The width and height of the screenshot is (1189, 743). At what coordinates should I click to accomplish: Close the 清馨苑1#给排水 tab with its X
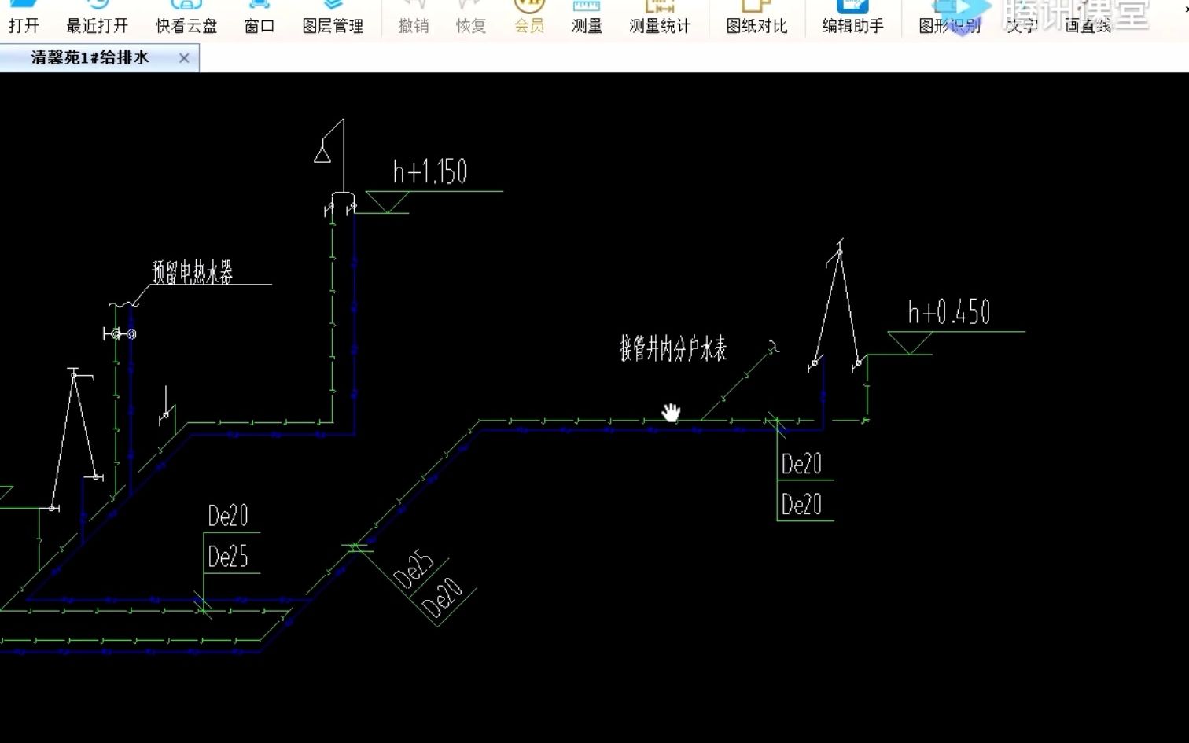[184, 58]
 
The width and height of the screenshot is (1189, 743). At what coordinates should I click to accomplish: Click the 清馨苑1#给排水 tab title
[90, 57]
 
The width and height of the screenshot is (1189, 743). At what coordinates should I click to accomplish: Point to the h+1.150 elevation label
[430, 172]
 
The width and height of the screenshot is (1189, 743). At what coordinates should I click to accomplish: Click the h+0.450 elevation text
[949, 313]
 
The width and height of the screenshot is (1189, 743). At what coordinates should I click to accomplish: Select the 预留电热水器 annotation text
[193, 273]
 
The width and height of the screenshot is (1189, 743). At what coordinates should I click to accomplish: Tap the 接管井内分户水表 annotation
[673, 348]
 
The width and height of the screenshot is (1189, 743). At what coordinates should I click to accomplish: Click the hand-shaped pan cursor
[671, 412]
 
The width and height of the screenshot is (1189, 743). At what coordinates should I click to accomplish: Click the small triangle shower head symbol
[322, 153]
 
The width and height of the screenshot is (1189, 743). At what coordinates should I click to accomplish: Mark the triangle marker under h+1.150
[388, 202]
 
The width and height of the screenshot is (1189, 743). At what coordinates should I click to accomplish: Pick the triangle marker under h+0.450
[910, 342]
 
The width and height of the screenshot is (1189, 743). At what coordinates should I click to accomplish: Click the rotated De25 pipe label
[413, 571]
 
